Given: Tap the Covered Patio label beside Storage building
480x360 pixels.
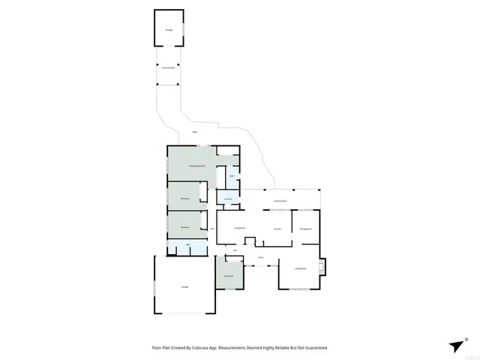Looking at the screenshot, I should (x=168, y=67).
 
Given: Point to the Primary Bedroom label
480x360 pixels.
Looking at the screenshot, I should (x=197, y=166).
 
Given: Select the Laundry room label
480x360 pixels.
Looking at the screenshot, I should (x=228, y=199).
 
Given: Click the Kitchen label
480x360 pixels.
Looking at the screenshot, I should (x=277, y=228).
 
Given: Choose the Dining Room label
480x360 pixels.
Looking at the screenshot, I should (x=305, y=228).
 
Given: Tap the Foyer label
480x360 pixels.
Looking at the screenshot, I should (x=261, y=257).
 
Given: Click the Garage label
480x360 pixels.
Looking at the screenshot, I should (x=184, y=286).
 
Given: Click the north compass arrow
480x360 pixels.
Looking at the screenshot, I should (x=457, y=345).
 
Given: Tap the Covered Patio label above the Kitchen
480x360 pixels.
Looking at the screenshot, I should (x=281, y=202).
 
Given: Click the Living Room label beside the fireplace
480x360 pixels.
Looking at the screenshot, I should (x=301, y=268).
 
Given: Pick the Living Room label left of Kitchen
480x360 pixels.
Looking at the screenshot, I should (x=240, y=227).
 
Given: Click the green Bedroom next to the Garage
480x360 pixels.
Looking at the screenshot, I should (x=229, y=277).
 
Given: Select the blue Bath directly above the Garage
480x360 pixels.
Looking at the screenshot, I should (x=187, y=245).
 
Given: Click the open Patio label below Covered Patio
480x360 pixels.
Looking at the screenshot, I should (x=194, y=133).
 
